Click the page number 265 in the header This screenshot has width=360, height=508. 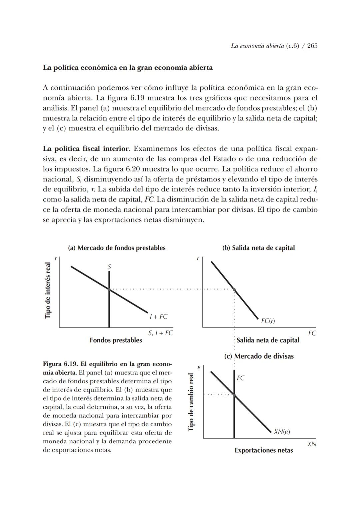pyautogui.click(x=312, y=46)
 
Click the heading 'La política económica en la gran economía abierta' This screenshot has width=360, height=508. pyautogui.click(x=128, y=68)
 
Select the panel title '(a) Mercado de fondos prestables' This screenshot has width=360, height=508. pyautogui.click(x=117, y=248)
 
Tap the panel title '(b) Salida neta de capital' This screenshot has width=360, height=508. pyautogui.click(x=258, y=248)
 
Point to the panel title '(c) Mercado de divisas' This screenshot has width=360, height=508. pyautogui.click(x=259, y=356)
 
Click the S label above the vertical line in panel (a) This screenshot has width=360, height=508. pyautogui.click(x=109, y=267)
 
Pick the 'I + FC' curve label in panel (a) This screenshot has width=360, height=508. pyautogui.click(x=159, y=317)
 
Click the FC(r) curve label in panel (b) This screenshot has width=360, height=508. pyautogui.click(x=268, y=321)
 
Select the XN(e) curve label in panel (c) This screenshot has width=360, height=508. pyautogui.click(x=282, y=432)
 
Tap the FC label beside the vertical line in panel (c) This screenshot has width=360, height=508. pyautogui.click(x=241, y=378)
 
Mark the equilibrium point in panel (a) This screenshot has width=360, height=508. pyautogui.click(x=109, y=289)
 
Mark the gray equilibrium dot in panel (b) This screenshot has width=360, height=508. pyautogui.click(x=234, y=289)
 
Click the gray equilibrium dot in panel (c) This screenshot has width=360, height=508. pyautogui.click(x=234, y=395)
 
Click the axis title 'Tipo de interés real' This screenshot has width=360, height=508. pyautogui.click(x=48, y=290)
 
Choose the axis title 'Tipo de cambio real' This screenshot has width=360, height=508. pyautogui.click(x=191, y=402)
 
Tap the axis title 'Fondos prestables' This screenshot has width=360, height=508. pyautogui.click(x=116, y=340)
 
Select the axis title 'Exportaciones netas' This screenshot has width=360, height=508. pyautogui.click(x=264, y=450)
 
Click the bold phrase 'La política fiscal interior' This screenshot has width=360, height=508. pyautogui.click(x=86, y=148)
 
